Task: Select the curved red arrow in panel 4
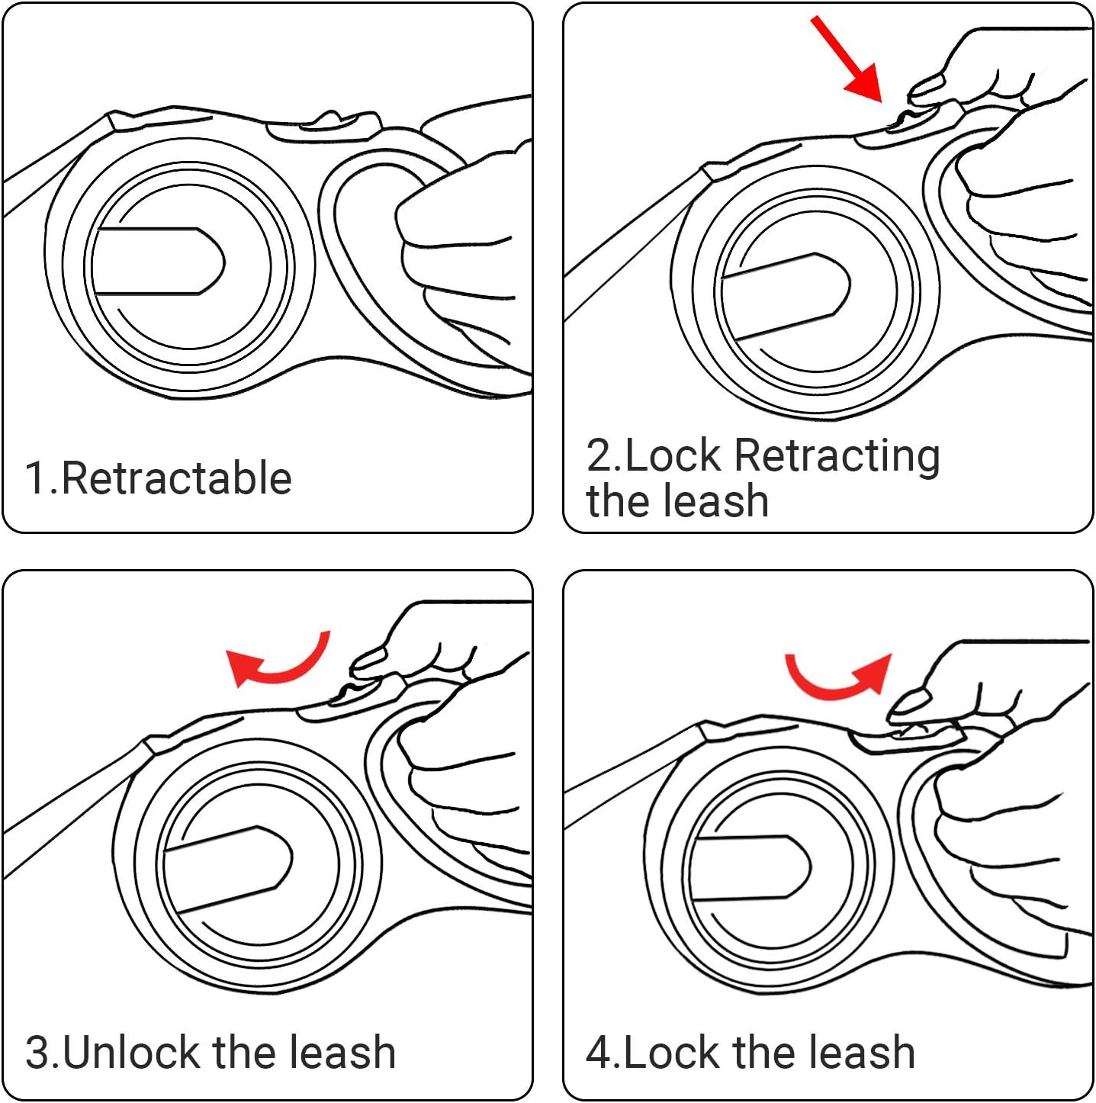click(x=839, y=677)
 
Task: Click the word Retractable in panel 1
click(x=176, y=478)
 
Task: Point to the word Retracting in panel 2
click(x=837, y=455)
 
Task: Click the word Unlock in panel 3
click(x=133, y=1053)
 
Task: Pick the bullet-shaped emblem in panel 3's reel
click(x=228, y=869)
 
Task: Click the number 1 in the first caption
click(x=35, y=478)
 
